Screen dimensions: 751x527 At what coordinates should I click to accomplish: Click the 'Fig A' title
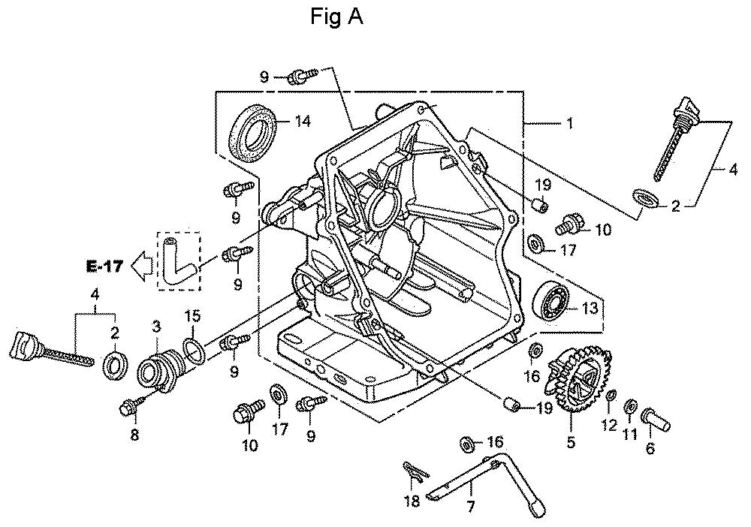tap(336, 17)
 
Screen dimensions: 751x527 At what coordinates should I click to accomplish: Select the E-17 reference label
tap(105, 266)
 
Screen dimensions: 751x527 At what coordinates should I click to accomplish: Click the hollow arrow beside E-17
tap(142, 267)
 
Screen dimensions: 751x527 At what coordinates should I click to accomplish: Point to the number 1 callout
tap(570, 124)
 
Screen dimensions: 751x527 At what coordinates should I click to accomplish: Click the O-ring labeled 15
tap(195, 351)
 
